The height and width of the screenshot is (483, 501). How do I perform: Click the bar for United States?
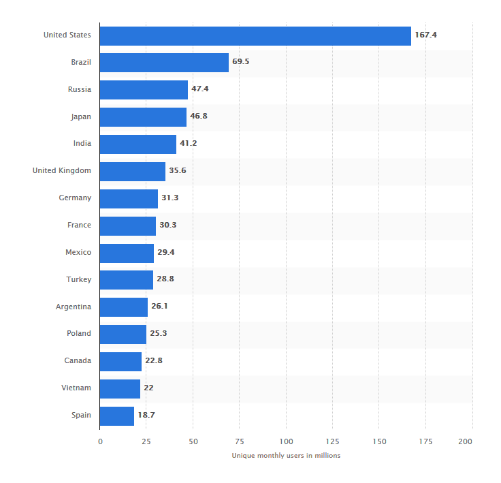tap(255, 35)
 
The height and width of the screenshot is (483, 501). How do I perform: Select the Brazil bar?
tap(164, 63)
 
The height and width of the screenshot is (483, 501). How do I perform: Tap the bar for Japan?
tap(143, 116)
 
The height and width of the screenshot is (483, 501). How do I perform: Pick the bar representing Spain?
tap(117, 416)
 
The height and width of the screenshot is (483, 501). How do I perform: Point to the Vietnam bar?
tap(120, 388)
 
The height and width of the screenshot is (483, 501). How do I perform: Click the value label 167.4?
tap(425, 35)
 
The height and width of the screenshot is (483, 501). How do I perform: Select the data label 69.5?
tap(241, 62)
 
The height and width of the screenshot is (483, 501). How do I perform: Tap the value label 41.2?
tap(188, 144)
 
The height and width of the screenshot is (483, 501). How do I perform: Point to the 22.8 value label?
tap(153, 361)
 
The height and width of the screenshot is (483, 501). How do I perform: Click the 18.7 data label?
tap(146, 415)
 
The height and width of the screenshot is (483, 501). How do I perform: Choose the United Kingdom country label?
tap(61, 170)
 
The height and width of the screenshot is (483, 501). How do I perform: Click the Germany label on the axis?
tap(75, 198)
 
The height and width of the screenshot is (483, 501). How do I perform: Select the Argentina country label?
tap(74, 307)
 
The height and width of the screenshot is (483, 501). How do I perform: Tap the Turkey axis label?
tap(78, 279)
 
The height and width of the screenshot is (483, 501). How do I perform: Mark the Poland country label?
tap(78, 334)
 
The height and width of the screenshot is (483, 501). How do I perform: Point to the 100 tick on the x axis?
tap(286, 441)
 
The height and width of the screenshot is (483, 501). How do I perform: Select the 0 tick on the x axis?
tap(100, 441)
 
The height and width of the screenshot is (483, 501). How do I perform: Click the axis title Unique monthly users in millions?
tap(286, 455)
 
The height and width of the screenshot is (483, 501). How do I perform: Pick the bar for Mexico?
tap(127, 253)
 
